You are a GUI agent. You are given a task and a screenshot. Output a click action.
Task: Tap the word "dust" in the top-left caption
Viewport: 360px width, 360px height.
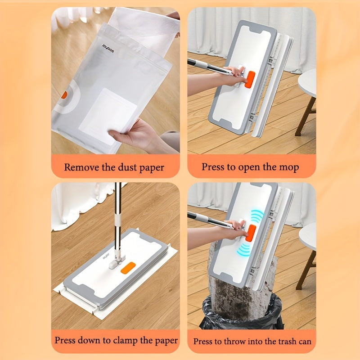coord(122,167)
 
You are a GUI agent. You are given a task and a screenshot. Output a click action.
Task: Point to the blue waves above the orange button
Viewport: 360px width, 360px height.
coord(256,216)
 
